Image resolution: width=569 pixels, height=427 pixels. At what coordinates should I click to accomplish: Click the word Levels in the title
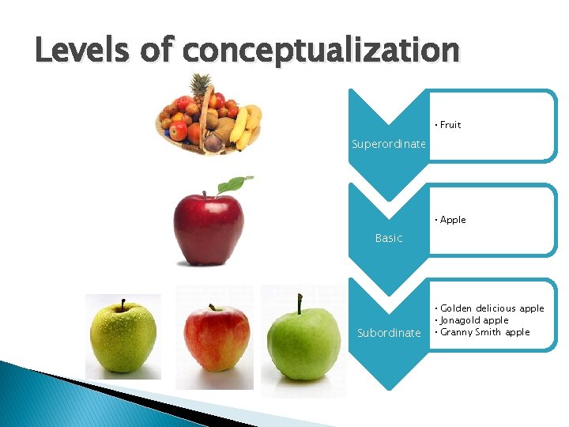tap(77, 50)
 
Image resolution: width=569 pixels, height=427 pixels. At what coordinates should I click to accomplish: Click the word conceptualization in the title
tap(320, 51)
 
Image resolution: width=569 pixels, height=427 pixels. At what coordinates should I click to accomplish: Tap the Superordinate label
tap(388, 144)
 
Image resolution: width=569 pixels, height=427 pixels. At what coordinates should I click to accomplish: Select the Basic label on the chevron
tap(388, 238)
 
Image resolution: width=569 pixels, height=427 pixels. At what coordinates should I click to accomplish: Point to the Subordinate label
tap(389, 333)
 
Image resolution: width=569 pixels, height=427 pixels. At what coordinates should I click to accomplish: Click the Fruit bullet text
tap(450, 125)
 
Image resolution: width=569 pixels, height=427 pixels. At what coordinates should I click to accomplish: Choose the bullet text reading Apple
tap(452, 220)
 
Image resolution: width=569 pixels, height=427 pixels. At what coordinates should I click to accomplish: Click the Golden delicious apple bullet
tap(492, 308)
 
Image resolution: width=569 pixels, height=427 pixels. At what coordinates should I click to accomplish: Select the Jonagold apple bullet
tap(474, 320)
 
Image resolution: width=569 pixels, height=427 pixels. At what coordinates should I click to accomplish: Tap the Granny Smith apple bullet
tap(484, 332)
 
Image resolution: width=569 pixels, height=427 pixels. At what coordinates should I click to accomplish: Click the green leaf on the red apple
tap(235, 184)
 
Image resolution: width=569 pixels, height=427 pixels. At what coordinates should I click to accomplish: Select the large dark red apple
tap(209, 229)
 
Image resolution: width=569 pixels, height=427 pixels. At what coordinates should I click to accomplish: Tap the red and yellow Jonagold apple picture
tap(216, 338)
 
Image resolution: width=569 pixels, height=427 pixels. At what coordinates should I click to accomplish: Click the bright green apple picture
tap(303, 344)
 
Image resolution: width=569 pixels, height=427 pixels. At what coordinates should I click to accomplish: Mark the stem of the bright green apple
tap(300, 304)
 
